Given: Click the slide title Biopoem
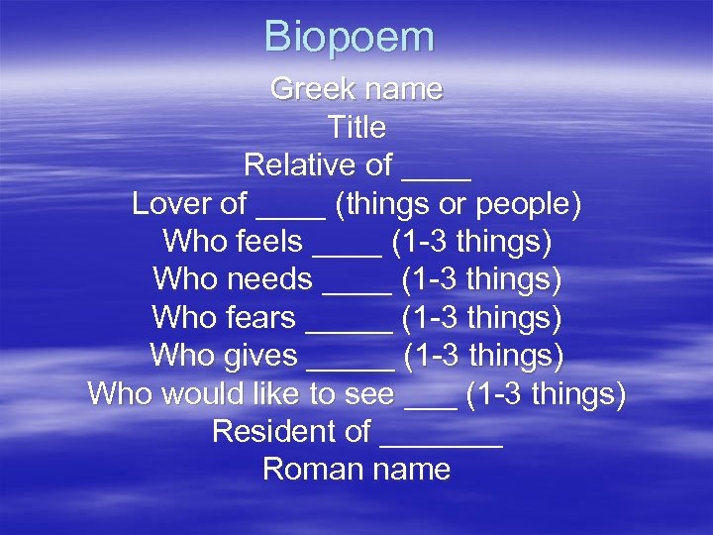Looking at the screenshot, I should click(349, 38).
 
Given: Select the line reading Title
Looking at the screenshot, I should click(356, 128).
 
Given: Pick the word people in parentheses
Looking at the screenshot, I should click(526, 205).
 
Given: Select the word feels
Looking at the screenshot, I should click(269, 242).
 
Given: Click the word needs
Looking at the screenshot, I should click(269, 280).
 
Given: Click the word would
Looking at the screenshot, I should click(214, 393).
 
